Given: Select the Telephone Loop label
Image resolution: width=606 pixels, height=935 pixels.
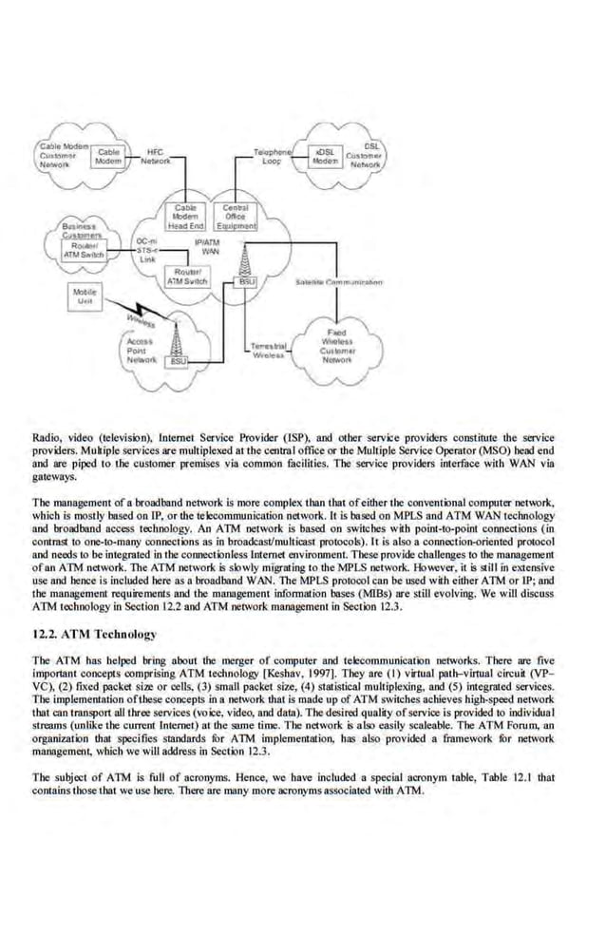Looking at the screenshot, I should pos(274,157).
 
